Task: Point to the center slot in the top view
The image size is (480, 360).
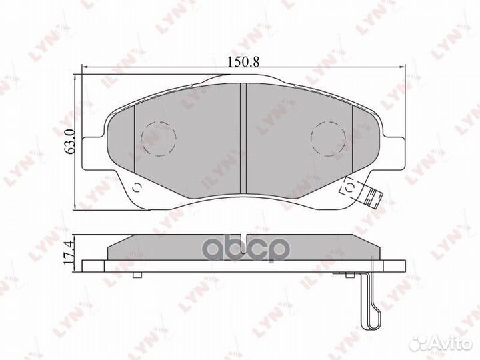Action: click(x=243, y=127)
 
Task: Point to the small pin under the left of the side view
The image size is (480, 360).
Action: click(x=136, y=275)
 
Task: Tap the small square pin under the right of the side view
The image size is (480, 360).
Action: click(x=351, y=275)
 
